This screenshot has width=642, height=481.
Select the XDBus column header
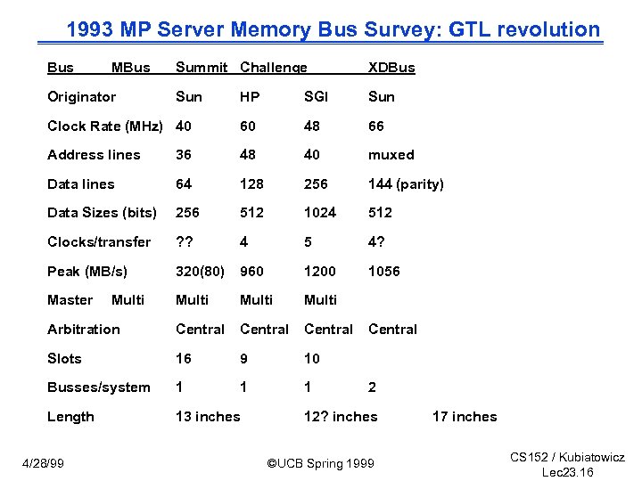click(391, 68)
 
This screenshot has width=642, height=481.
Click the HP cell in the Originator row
click(251, 96)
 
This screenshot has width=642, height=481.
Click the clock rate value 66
click(378, 126)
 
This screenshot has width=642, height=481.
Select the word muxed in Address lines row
click(391, 155)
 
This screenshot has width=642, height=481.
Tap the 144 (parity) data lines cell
click(406, 184)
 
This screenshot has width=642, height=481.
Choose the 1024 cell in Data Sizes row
click(320, 213)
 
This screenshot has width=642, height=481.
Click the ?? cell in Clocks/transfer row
click(185, 242)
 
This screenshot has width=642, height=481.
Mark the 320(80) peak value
click(200, 272)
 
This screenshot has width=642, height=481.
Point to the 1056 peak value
click(384, 272)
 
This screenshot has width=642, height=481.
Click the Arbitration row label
click(83, 330)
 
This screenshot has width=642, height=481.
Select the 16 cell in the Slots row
click(185, 359)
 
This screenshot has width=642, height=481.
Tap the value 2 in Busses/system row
click(373, 387)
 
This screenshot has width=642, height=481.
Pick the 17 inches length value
click(465, 417)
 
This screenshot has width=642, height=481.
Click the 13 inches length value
click(208, 417)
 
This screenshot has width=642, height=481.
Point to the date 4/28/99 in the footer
click(42, 463)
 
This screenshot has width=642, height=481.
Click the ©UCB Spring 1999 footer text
click(321, 463)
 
